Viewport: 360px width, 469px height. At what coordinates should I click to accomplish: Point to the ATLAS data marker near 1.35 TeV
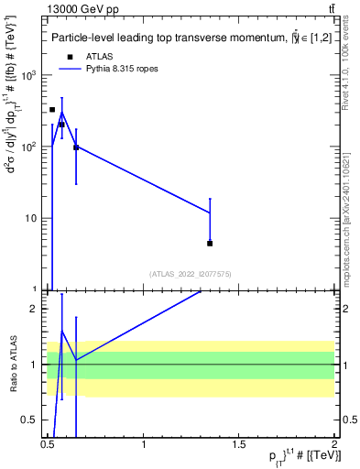210,243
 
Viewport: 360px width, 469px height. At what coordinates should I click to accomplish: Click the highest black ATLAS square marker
52,109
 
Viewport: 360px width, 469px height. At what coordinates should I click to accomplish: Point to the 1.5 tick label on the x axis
239,444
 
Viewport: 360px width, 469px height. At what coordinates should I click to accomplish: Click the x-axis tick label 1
145,444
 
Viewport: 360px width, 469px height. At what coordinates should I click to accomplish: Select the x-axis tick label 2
334,444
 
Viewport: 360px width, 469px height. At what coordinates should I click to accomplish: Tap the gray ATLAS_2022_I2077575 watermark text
191,274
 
